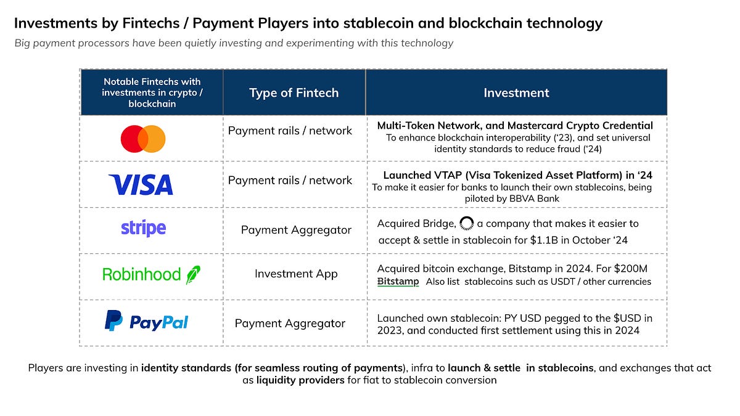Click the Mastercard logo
(143, 139)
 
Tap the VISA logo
(141, 184)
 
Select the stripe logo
(143, 229)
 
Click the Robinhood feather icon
(193, 274)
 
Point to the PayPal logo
(146, 321)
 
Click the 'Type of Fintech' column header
(294, 93)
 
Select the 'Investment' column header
(516, 93)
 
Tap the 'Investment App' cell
(296, 274)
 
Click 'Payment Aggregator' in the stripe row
(296, 230)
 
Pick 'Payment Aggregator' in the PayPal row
(290, 323)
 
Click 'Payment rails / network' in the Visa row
(290, 181)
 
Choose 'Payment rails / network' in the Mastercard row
(290, 131)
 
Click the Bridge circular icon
(466, 223)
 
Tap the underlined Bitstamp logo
(398, 282)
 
